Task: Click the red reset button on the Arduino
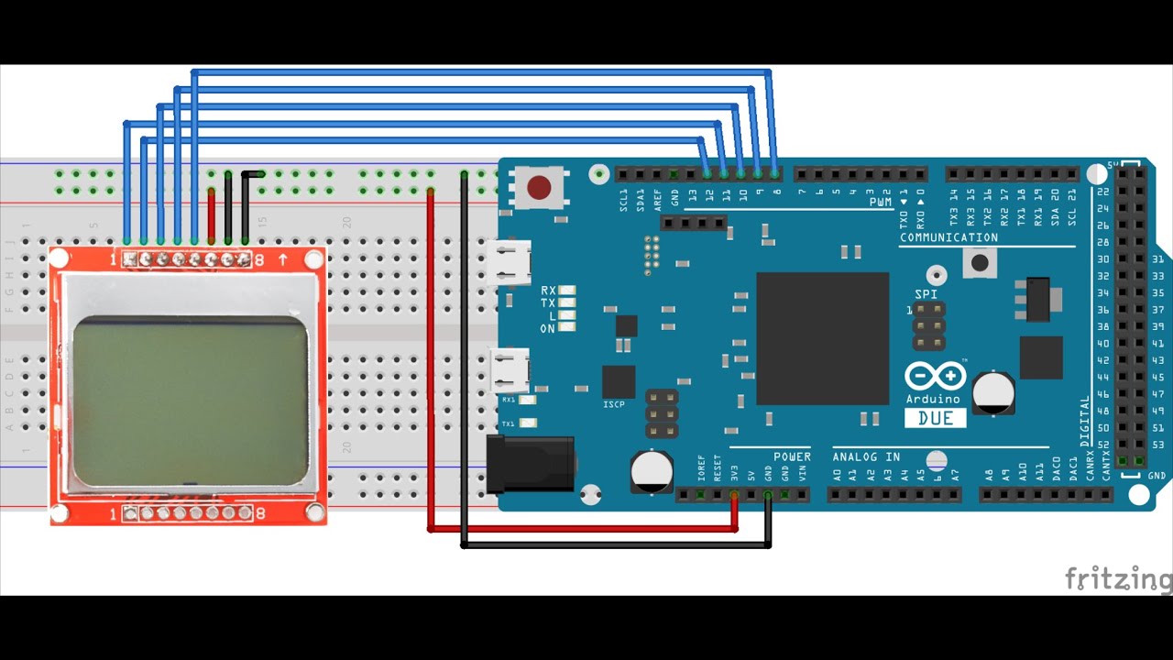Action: click(x=539, y=188)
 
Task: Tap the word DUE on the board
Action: click(x=935, y=418)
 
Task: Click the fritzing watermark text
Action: click(x=1118, y=579)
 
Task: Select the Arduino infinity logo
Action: click(x=935, y=376)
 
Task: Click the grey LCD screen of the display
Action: click(x=190, y=401)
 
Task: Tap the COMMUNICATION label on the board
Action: click(x=948, y=237)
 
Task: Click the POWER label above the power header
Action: click(x=792, y=456)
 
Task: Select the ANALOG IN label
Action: click(x=866, y=456)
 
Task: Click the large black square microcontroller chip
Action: click(x=822, y=338)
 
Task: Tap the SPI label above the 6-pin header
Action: click(x=926, y=294)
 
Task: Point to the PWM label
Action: click(x=880, y=202)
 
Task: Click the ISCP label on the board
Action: click(x=614, y=404)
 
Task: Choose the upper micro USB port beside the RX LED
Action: click(x=510, y=262)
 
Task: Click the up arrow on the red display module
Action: click(x=282, y=260)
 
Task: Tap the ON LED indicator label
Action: click(x=548, y=328)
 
